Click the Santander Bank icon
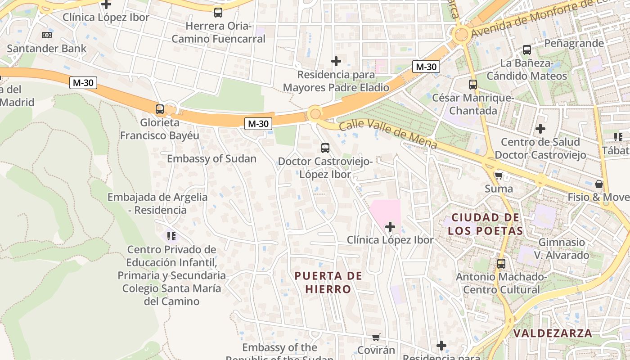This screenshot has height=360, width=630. pyautogui.click(x=46, y=35)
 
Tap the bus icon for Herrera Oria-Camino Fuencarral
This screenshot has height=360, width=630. pyautogui.click(x=218, y=12)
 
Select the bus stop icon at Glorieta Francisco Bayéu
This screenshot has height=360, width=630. pyautogui.click(x=160, y=109)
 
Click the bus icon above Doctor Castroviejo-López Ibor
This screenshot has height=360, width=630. pyautogui.click(x=325, y=148)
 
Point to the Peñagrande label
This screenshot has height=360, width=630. pyautogui.click(x=574, y=43)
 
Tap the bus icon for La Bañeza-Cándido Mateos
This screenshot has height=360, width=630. pyautogui.click(x=527, y=50)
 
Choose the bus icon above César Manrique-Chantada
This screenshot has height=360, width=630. pyautogui.click(x=473, y=84)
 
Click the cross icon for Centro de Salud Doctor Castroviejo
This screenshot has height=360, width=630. pyautogui.click(x=540, y=129)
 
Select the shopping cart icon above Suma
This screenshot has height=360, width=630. pyautogui.click(x=499, y=175)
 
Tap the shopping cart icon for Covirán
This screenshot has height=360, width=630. pyautogui.click(x=376, y=337)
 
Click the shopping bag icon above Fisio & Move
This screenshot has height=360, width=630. pyautogui.click(x=599, y=184)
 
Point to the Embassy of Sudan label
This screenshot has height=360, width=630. pyautogui.click(x=211, y=159)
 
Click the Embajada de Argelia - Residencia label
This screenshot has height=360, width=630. pyautogui.click(x=157, y=203)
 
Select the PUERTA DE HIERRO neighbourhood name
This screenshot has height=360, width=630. pyautogui.click(x=328, y=283)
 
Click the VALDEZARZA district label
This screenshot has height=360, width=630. pyautogui.click(x=553, y=333)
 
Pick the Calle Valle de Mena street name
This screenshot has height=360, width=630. pyautogui.click(x=388, y=134)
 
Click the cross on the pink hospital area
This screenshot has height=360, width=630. pyautogui.click(x=390, y=227)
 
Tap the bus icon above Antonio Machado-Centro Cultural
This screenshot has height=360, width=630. pyautogui.click(x=501, y=264)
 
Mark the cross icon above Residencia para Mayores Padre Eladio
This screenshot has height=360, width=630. pyautogui.click(x=336, y=61)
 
